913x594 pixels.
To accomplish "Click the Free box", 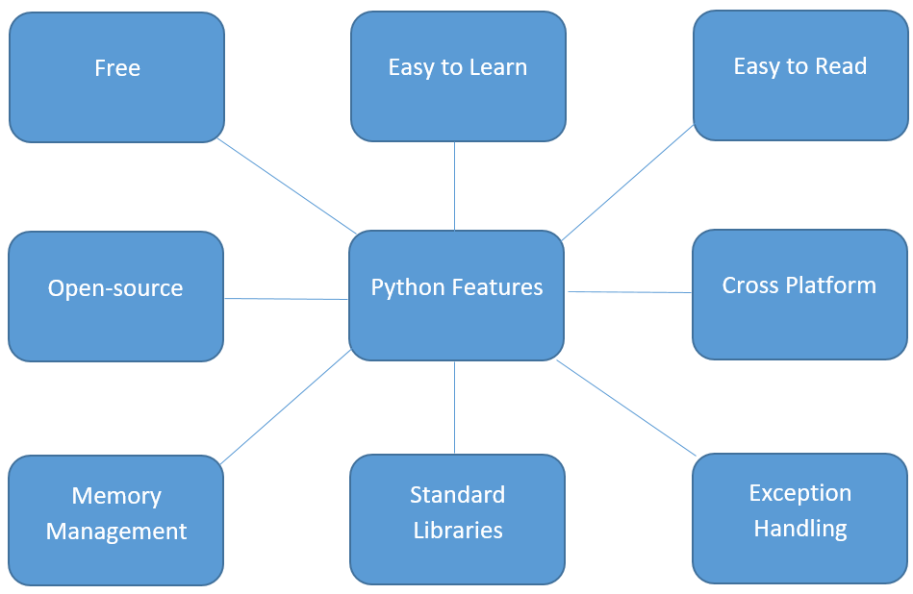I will (116, 77).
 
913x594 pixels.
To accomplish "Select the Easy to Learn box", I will (458, 76).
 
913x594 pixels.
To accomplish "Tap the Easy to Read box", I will (800, 75).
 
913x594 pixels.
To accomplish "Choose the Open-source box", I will (115, 296).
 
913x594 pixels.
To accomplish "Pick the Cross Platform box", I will (799, 293).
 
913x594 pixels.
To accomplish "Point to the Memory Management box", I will (115, 519).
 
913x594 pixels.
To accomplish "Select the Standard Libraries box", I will (457, 519).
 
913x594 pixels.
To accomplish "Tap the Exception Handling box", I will (799, 517).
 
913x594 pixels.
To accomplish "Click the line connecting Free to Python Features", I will (286, 186).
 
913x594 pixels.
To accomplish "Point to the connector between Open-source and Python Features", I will (286, 299).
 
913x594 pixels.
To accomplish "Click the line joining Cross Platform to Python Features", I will (629, 291).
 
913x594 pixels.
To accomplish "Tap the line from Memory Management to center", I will (286, 408).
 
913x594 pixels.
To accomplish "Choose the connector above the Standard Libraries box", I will (454, 408).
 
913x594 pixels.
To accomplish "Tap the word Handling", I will (800, 529).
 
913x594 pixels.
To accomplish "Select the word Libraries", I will (458, 531).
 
